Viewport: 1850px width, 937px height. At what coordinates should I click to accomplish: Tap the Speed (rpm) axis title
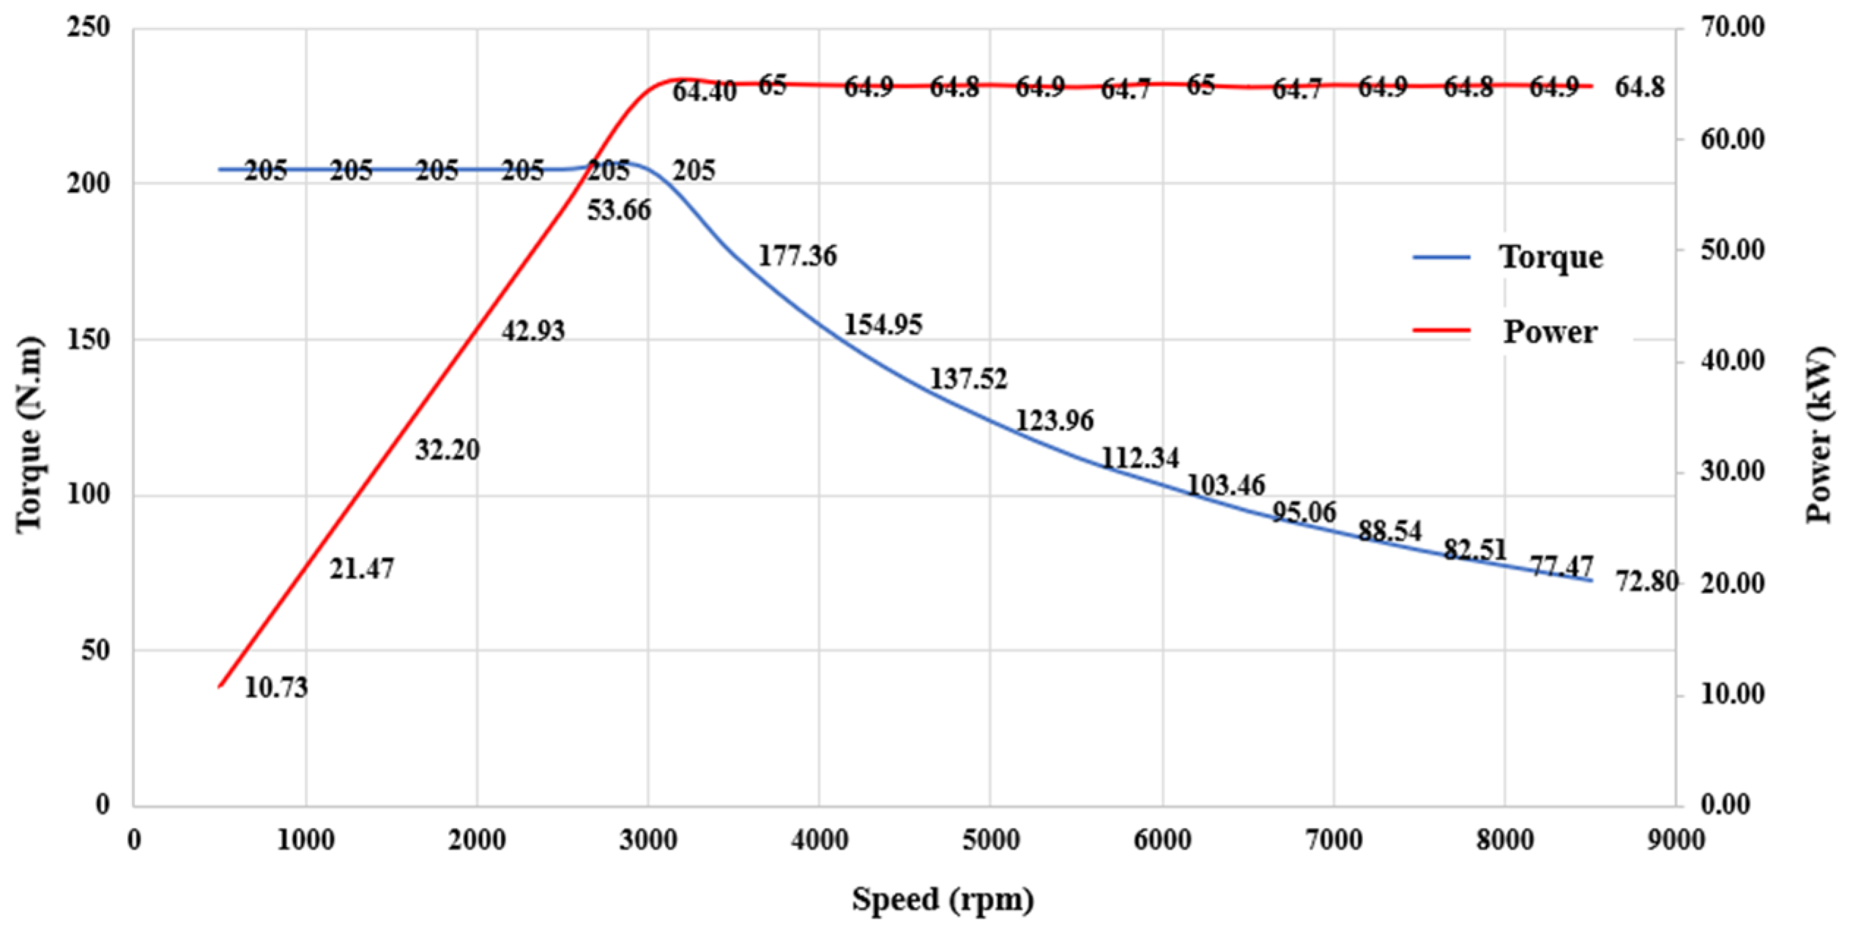[x=943, y=899]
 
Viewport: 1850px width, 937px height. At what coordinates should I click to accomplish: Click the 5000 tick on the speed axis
[x=991, y=840]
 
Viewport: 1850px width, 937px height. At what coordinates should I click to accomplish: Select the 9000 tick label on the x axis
[x=1676, y=840]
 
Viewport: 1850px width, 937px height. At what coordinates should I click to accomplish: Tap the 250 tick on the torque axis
[x=88, y=28]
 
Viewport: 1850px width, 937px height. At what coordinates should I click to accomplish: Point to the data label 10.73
[x=276, y=688]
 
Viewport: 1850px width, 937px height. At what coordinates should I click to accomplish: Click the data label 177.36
[x=797, y=256]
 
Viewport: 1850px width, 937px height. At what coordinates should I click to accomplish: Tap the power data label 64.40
[x=705, y=92]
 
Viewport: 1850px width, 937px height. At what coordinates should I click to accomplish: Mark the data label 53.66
[x=619, y=210]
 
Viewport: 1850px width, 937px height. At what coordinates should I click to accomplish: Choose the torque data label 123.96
[x=1054, y=421]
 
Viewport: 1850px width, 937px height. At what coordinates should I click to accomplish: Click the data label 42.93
[x=533, y=331]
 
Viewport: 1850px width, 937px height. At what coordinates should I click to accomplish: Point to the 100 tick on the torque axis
[x=88, y=495]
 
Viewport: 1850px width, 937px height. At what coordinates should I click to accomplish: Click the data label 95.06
[x=1304, y=512]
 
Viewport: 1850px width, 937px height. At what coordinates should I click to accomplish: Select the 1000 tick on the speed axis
[x=305, y=840]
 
